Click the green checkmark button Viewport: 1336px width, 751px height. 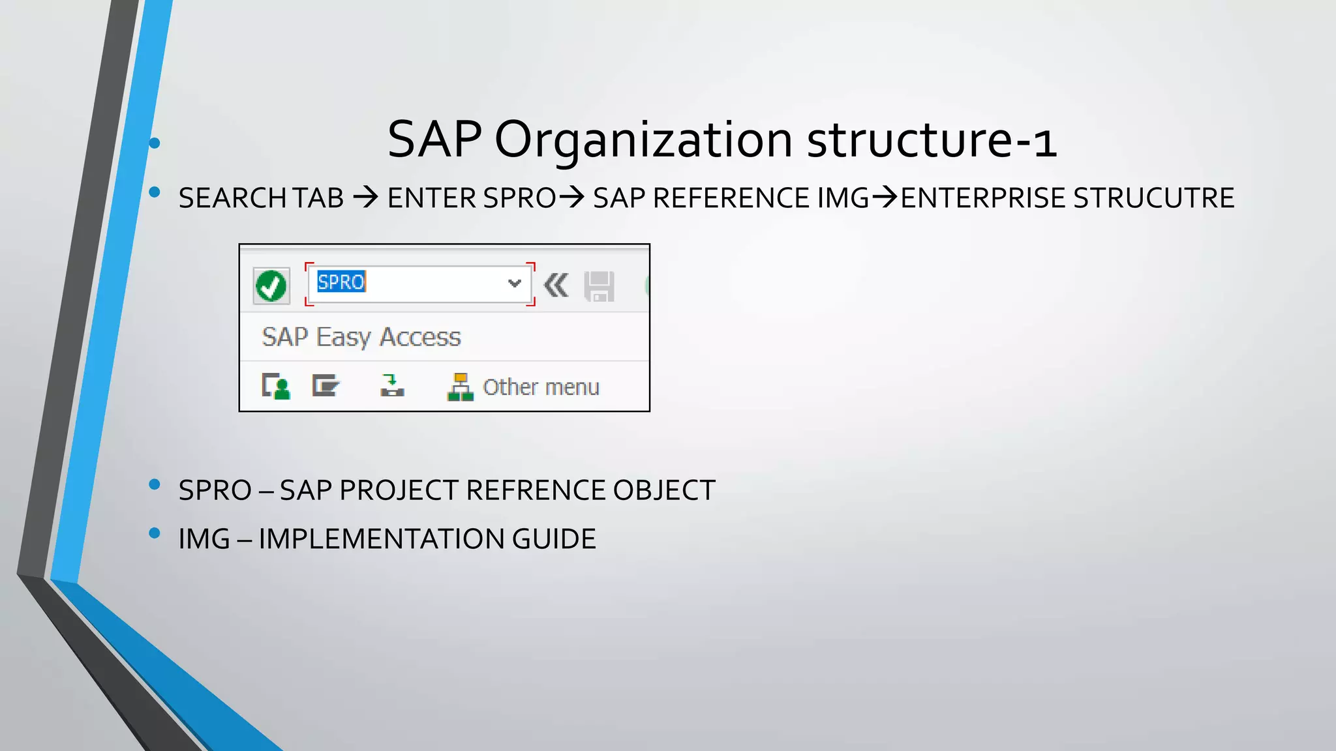pos(271,286)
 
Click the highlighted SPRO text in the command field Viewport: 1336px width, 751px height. pos(341,282)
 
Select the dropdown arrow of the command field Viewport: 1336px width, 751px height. pos(514,283)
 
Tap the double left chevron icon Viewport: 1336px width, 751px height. pos(556,286)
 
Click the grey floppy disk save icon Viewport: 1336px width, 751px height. pos(599,286)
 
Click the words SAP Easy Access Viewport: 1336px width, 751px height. pos(361,337)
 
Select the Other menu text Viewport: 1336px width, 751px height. pos(541,387)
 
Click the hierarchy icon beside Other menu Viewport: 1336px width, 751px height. pos(460,387)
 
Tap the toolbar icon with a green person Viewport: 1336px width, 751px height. pos(276,386)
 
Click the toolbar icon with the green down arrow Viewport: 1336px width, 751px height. pos(392,385)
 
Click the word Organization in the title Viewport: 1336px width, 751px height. pos(643,140)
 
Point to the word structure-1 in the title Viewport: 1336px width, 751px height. pos(932,140)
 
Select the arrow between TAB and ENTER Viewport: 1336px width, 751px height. pos(366,198)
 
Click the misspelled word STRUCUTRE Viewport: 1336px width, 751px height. pos(1153,198)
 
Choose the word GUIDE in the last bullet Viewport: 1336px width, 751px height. pos(554,539)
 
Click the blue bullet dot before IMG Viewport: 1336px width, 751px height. pos(155,533)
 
